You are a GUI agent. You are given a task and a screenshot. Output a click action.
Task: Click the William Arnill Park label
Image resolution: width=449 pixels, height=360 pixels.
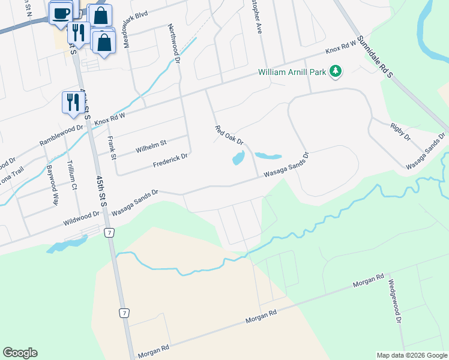tap(292, 72)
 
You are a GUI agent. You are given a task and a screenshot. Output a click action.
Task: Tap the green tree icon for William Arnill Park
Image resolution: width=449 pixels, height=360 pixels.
tap(336, 72)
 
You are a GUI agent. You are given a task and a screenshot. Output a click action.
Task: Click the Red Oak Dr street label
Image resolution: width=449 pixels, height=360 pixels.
tap(229, 135)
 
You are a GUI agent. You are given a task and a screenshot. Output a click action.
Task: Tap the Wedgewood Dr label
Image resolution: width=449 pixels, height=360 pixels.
tap(394, 301)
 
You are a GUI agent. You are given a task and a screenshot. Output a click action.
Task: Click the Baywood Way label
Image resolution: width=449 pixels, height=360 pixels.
tap(53, 186)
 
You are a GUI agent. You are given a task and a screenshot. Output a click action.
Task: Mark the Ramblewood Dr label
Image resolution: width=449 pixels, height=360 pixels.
tap(61, 136)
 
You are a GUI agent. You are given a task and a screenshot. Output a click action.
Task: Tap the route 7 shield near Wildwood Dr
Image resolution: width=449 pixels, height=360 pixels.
tap(109, 232)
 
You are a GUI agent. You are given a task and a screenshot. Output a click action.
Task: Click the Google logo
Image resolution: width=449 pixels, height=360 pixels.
tap(20, 353)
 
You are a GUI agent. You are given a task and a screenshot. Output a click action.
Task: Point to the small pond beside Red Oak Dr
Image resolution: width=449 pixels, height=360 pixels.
tap(238, 158)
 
